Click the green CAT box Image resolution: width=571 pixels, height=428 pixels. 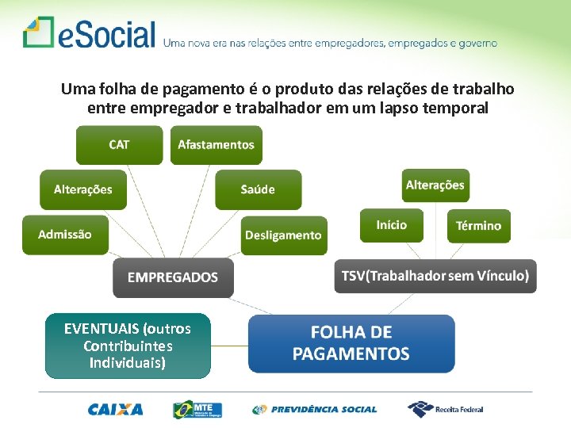tap(119, 145)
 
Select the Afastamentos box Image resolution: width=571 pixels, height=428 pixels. tap(216, 145)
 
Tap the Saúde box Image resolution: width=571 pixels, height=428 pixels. tap(258, 189)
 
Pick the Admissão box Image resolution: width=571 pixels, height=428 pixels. tap(65, 235)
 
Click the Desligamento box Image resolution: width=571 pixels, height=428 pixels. tap(283, 235)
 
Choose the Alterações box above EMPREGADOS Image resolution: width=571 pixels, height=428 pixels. tap(83, 189)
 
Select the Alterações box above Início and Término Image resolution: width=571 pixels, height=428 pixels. tap(435, 185)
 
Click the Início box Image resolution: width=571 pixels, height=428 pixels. tap(391, 225)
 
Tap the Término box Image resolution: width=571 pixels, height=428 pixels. tap(478, 226)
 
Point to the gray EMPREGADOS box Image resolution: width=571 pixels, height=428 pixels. tap(173, 277)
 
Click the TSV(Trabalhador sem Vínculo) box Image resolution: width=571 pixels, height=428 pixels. tap(435, 276)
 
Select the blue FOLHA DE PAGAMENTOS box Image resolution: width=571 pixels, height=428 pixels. tap(351, 343)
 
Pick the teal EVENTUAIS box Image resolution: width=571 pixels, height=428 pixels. tap(128, 346)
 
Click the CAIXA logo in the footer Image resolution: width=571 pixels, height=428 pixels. tap(116, 410)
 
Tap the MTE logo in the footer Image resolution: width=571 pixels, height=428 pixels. tap(197, 410)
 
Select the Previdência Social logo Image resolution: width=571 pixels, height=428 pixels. tap(314, 410)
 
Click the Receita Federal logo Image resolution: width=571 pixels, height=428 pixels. tap(445, 409)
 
